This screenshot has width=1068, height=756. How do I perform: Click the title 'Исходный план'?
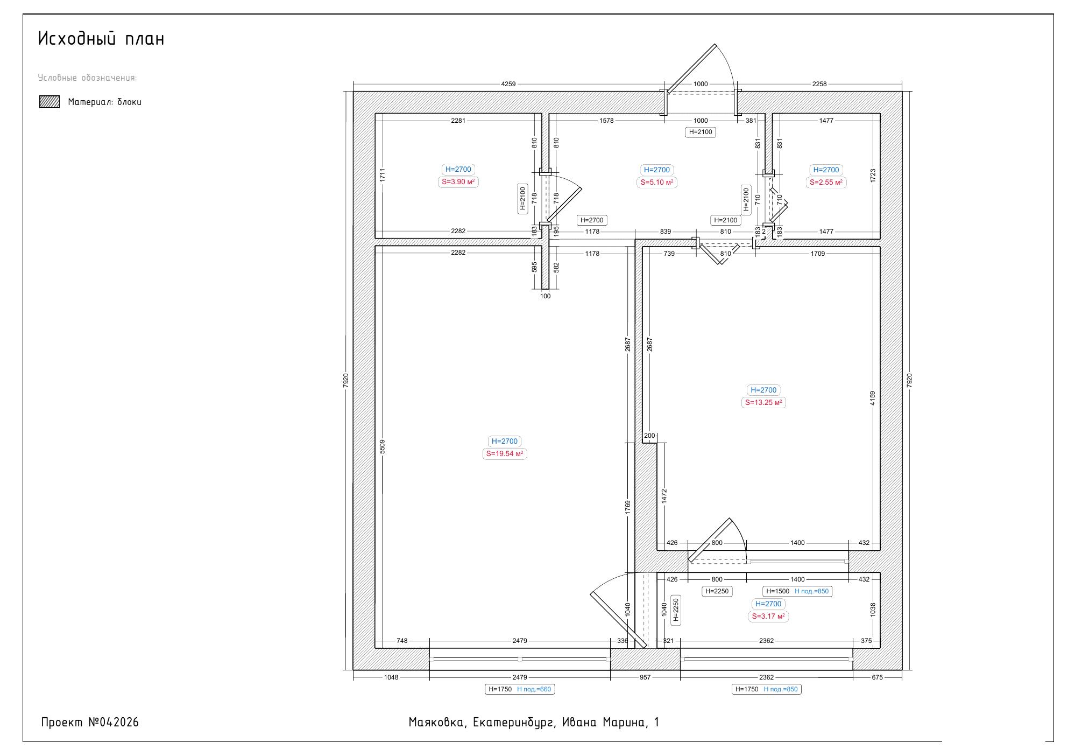point(101,39)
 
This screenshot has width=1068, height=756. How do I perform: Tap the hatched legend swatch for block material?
point(49,102)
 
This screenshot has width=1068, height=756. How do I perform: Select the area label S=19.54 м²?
point(505,454)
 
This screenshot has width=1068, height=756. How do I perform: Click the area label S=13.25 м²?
point(763,403)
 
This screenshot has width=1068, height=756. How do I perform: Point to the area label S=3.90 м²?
point(458,182)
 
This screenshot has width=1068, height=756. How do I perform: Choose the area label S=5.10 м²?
point(657,183)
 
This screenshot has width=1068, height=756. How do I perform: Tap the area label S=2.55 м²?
point(826,183)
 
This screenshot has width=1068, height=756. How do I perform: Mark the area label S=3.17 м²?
point(768,617)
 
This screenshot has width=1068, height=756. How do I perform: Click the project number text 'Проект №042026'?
point(90,723)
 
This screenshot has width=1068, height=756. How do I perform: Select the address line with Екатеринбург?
point(534,723)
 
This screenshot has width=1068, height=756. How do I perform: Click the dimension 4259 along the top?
point(508,84)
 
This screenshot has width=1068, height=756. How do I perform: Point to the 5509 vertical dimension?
point(383,446)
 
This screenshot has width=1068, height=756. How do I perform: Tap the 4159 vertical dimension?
point(873,398)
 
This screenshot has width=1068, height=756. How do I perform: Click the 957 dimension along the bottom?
point(645,677)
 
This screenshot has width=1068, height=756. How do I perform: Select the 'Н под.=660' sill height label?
point(534,689)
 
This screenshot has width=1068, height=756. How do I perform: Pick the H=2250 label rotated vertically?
point(676,610)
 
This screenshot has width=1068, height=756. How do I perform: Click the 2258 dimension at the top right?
point(819,84)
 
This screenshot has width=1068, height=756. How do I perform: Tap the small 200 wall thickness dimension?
point(649,436)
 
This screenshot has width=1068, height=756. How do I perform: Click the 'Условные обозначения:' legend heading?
point(88,78)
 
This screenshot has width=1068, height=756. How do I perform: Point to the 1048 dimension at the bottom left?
point(391,677)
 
